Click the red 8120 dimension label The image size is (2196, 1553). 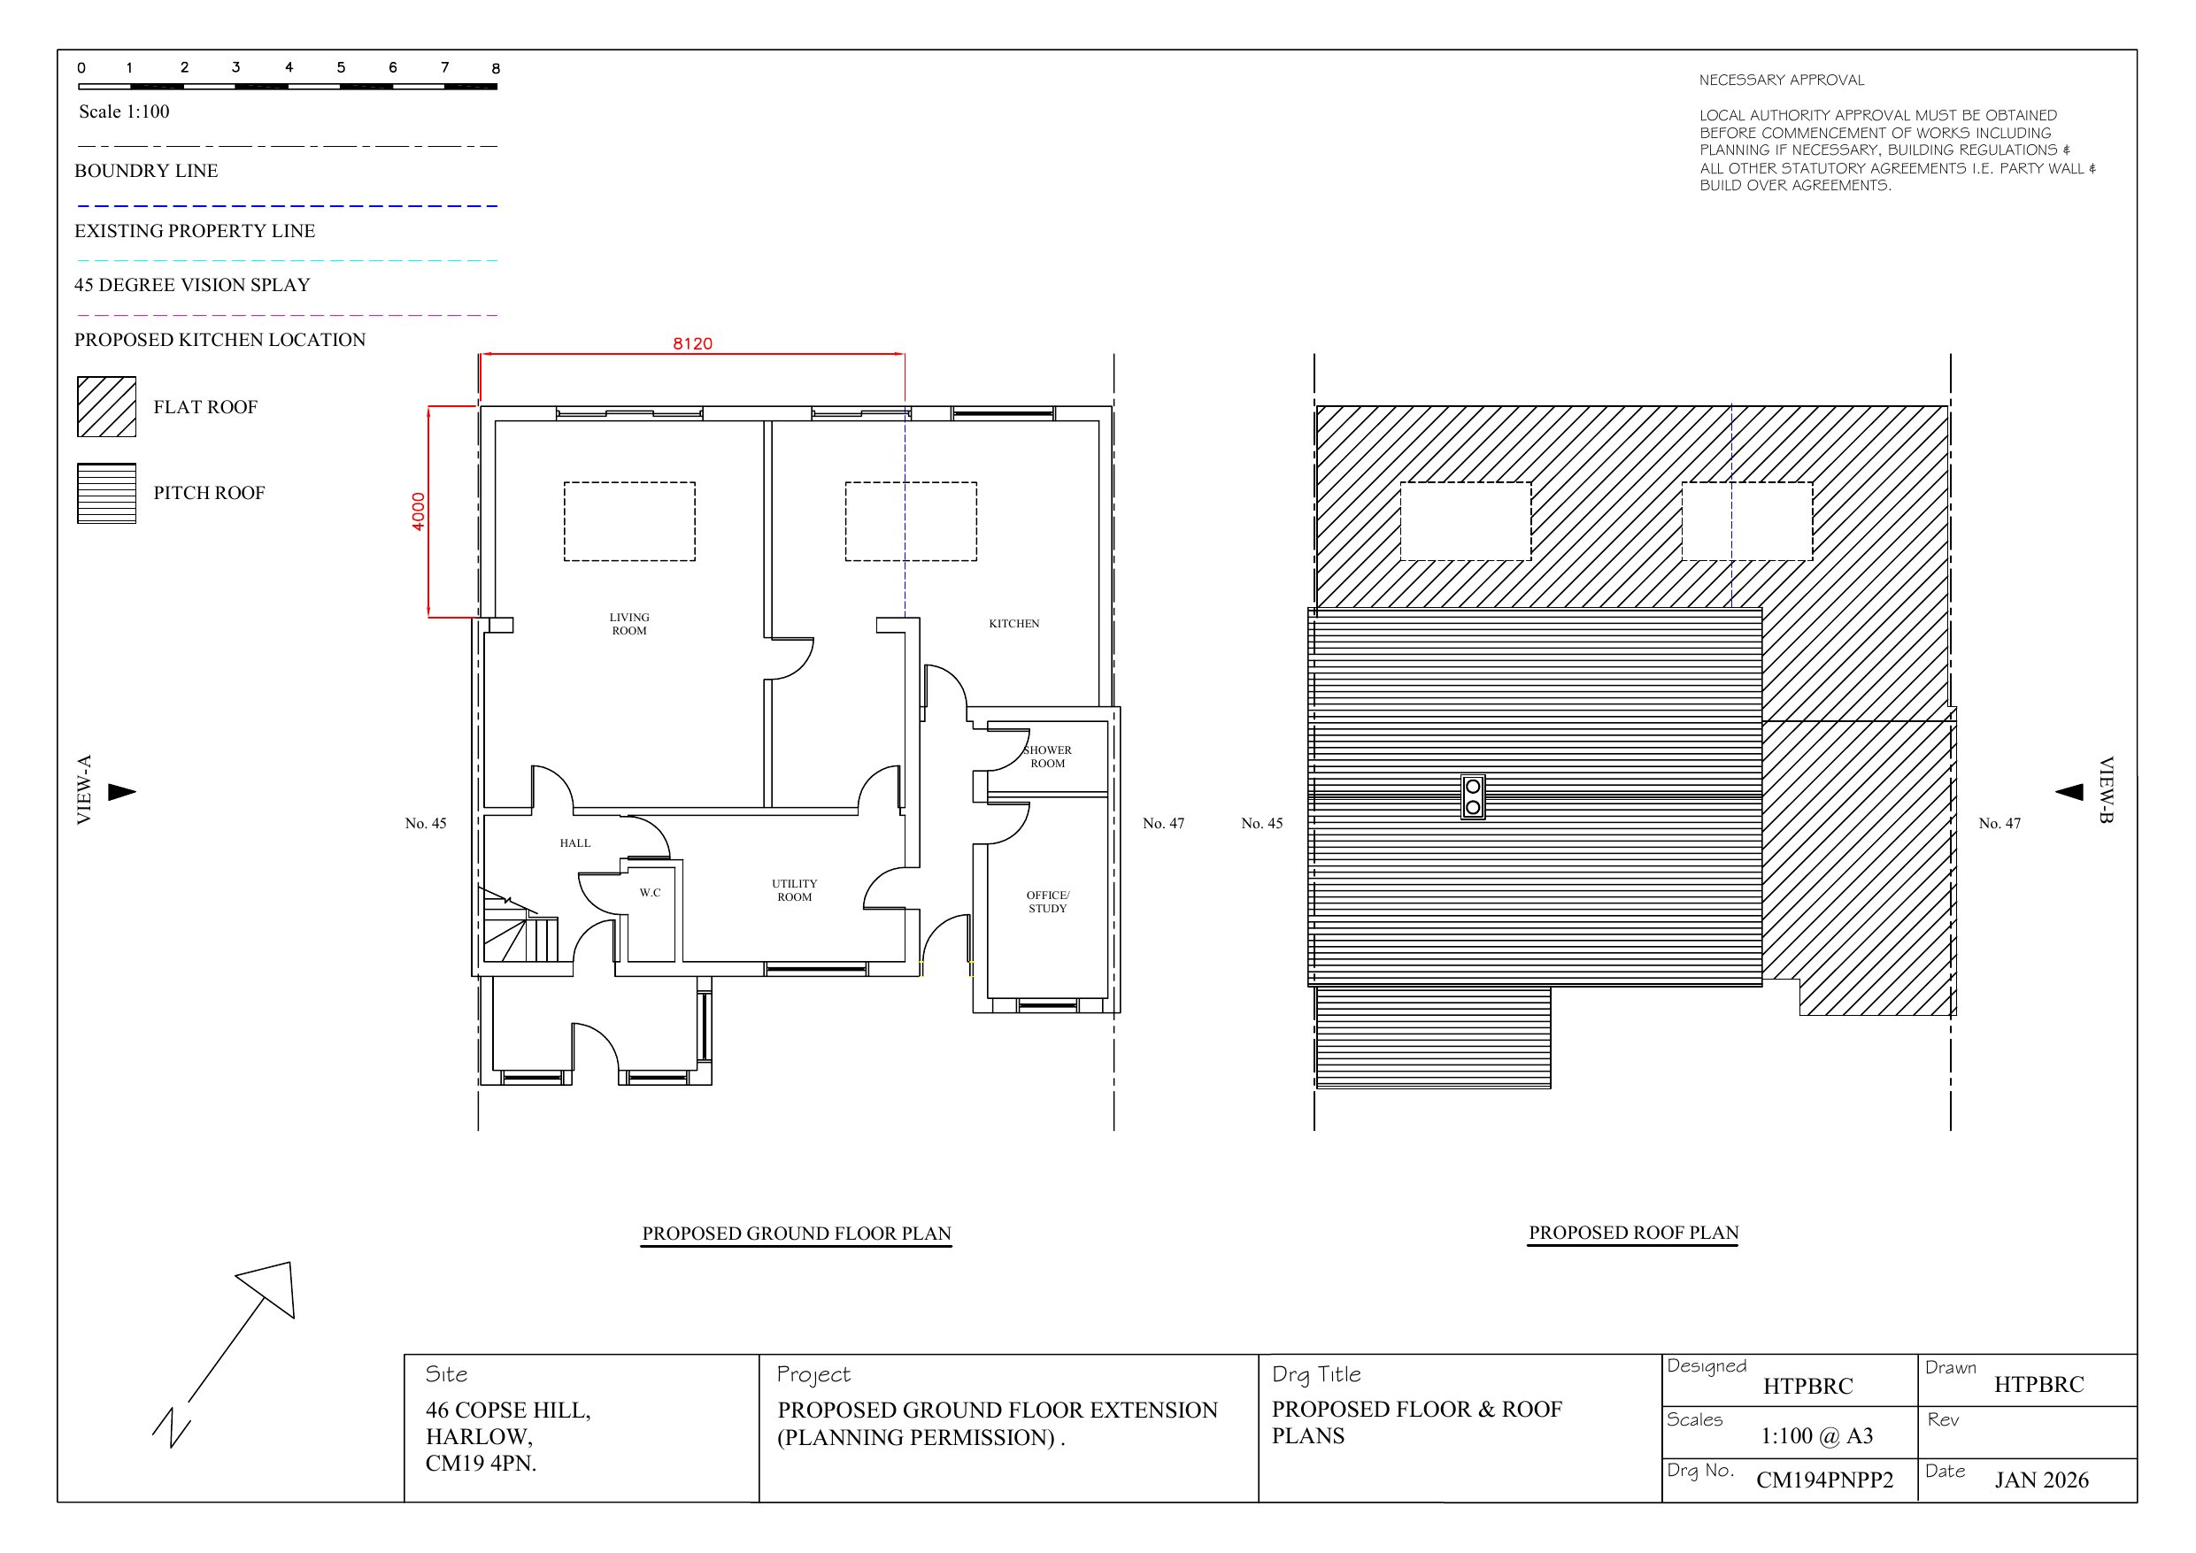[x=692, y=343]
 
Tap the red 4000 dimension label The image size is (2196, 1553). [x=418, y=511]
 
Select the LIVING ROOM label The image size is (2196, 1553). [x=629, y=624]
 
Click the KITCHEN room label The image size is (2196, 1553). [x=1013, y=624]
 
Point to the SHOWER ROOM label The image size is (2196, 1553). [x=1047, y=757]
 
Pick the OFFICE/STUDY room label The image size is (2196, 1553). [x=1047, y=902]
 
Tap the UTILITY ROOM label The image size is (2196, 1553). [x=794, y=890]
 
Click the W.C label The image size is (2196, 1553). [x=651, y=892]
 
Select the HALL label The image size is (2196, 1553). [x=574, y=842]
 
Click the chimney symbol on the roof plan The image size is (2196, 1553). [x=1473, y=796]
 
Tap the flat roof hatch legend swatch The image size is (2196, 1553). [x=106, y=406]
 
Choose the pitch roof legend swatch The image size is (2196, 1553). [x=106, y=494]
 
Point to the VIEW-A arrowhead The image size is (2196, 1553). [x=121, y=792]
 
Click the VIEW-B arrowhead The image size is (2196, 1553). [x=2069, y=792]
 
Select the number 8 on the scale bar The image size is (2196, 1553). [x=496, y=68]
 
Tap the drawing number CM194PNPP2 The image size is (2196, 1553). [x=1825, y=1480]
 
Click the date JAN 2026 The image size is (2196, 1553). [x=2041, y=1480]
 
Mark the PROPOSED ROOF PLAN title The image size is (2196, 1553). [x=1634, y=1233]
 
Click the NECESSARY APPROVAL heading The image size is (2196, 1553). [x=1782, y=81]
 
